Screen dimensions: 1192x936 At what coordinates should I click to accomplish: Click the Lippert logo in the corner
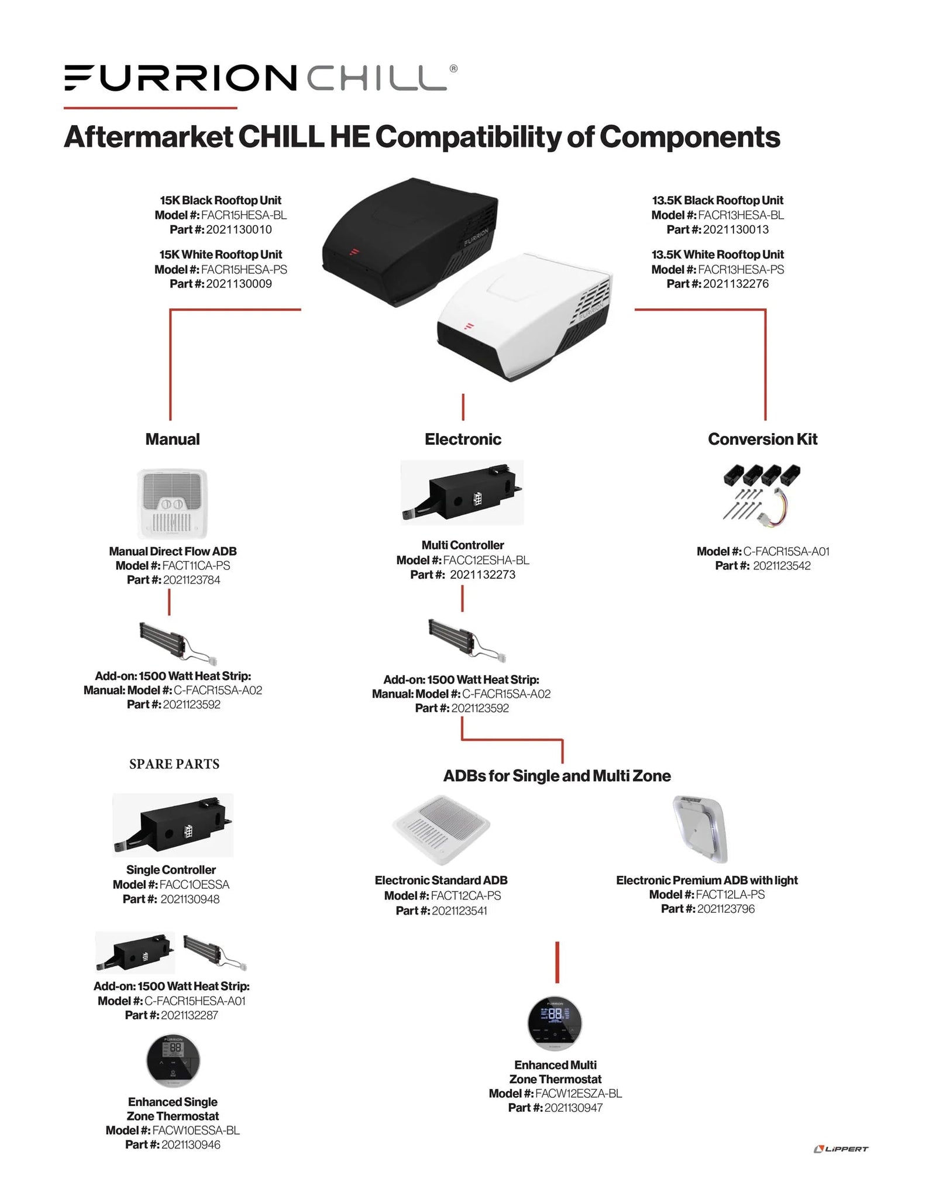click(841, 1149)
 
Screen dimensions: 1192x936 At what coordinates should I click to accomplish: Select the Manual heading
click(173, 439)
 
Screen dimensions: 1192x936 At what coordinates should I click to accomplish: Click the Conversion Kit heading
click(762, 439)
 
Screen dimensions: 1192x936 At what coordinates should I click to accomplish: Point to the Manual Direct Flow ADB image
click(172, 503)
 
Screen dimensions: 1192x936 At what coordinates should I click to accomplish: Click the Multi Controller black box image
click(462, 492)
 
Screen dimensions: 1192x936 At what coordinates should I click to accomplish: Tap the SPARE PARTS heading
click(174, 764)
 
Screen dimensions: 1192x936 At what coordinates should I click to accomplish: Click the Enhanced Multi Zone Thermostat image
click(555, 1022)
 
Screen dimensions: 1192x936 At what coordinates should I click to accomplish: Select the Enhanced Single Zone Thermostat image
click(173, 1061)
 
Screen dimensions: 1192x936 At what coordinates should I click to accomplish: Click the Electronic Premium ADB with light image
click(700, 829)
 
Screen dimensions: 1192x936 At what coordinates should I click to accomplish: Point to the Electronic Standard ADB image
click(441, 829)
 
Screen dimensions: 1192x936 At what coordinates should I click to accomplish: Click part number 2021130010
click(239, 229)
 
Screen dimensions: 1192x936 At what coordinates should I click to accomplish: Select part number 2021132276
click(735, 284)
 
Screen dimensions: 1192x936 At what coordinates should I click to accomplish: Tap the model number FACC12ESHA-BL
click(486, 560)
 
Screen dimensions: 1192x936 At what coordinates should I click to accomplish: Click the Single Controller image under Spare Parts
click(173, 825)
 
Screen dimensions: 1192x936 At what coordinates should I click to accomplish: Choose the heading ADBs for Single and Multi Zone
click(556, 776)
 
